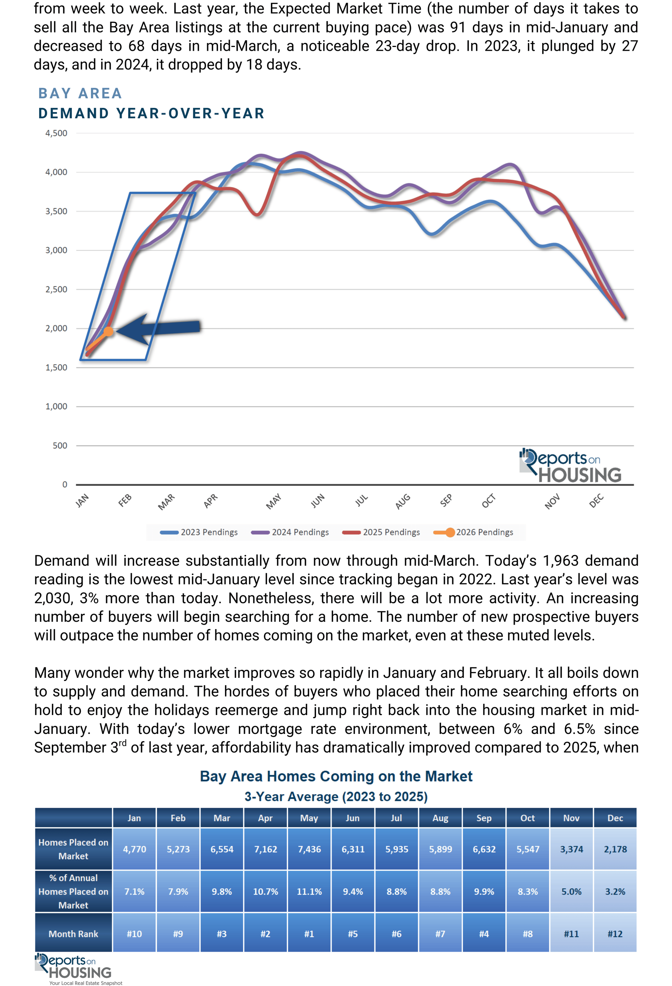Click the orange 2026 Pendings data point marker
pos(108,331)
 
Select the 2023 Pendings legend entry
pos(199,532)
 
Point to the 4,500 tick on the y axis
pos(56,133)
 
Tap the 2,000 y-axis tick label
pos(56,328)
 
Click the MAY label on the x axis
pos(273,501)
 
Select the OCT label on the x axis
pos(488,501)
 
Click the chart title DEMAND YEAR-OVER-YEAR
pos(151,114)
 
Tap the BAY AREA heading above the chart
pos(80,93)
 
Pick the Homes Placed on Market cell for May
pos(309,849)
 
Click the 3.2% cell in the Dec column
pos(615,891)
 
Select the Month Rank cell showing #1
pos(309,933)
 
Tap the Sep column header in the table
pos(484,818)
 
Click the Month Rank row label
pos(73,933)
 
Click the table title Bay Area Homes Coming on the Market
pos(336,776)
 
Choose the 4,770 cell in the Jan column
pos(134,849)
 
